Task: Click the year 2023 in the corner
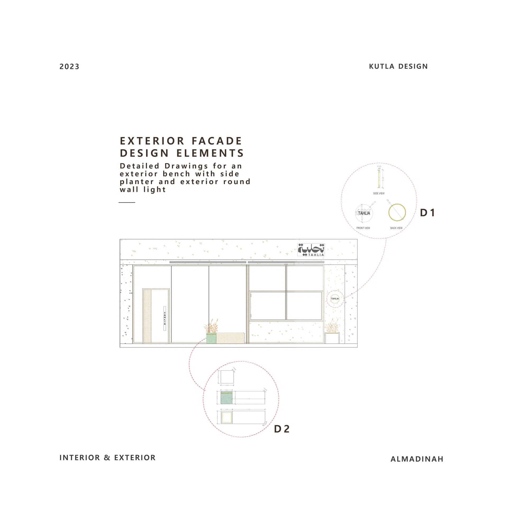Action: (69, 67)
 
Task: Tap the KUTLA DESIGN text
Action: (398, 66)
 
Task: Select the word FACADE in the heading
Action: (217, 141)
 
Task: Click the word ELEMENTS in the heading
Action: (210, 153)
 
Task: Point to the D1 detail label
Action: (427, 213)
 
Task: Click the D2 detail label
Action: (281, 429)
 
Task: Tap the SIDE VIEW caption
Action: (379, 193)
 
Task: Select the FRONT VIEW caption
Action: (363, 228)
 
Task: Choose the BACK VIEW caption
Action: (396, 228)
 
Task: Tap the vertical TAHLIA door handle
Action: (165, 318)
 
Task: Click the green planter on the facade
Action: (211, 338)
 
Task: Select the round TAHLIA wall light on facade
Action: (335, 299)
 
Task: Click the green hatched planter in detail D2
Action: (226, 398)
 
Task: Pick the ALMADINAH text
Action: (417, 459)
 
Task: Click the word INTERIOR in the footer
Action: (80, 458)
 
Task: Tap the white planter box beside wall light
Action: (332, 338)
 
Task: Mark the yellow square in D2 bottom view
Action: (227, 418)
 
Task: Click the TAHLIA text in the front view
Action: (364, 213)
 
